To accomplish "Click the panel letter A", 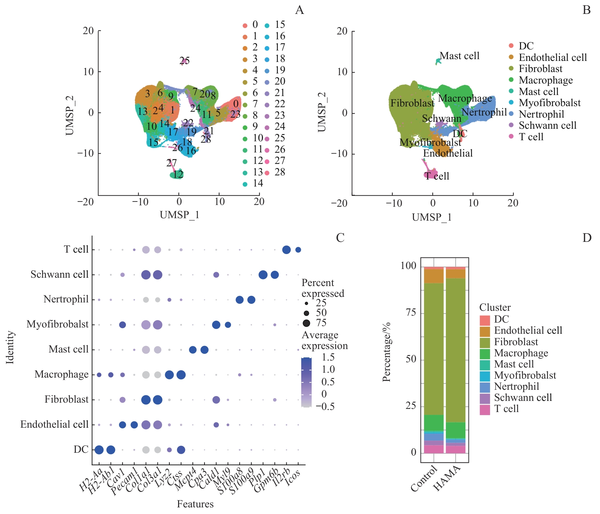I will [x=299, y=10].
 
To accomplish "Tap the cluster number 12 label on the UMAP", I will [x=178, y=174].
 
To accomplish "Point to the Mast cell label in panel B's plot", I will [x=459, y=56].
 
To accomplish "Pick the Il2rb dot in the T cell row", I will [x=286, y=250].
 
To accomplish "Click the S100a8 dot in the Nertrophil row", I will [x=239, y=300].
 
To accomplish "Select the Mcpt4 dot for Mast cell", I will [x=193, y=350].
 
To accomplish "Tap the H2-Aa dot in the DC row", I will [x=99, y=450].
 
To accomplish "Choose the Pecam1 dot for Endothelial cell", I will [x=134, y=425].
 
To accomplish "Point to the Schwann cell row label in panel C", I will [x=59, y=275].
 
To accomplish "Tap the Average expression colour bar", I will [x=306, y=382].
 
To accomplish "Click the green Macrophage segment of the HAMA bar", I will [x=455, y=430].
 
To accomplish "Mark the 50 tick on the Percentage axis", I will [x=411, y=359].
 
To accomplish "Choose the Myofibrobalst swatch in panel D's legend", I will [x=485, y=376].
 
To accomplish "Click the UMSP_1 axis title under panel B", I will [x=432, y=218].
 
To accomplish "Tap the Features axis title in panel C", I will [x=195, y=504].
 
